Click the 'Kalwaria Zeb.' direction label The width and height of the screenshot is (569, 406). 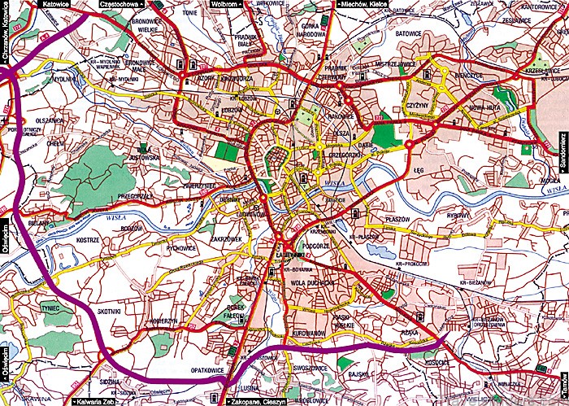[96, 401]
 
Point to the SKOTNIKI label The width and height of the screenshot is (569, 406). [108, 311]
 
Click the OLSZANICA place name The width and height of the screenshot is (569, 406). [49, 119]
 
